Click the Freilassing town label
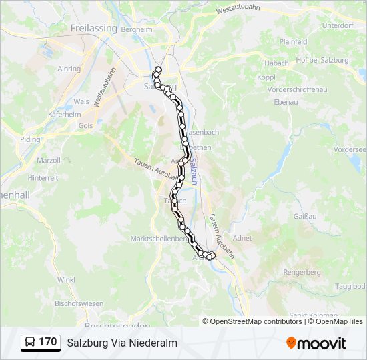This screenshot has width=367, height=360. point(93,29)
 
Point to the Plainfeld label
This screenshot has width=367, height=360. point(293,41)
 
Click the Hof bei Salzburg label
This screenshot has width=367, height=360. point(322,60)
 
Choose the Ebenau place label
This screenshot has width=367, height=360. point(286,102)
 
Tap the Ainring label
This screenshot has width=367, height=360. point(69,69)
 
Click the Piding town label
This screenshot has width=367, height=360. point(30,139)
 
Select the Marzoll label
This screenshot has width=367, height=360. point(49,160)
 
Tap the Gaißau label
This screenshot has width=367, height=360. point(305,216)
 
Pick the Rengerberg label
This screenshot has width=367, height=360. point(302,272)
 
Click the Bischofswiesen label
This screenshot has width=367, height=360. point(79,303)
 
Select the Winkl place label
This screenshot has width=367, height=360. point(66,280)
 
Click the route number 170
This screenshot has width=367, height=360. point(48,342)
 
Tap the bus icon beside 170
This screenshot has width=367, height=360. point(30,343)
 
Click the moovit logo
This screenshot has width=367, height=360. point(316,343)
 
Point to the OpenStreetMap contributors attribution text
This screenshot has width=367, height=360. point(256,321)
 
